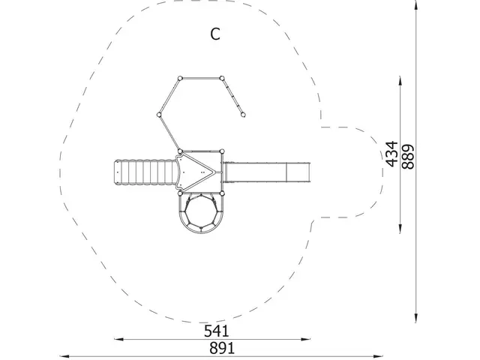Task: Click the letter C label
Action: click(x=215, y=34)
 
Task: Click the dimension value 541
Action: click(x=217, y=331)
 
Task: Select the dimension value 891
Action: click(x=222, y=348)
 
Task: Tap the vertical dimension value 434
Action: click(x=391, y=154)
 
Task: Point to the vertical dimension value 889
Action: click(x=408, y=157)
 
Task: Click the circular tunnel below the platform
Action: click(x=201, y=211)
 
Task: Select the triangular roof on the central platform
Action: click(x=195, y=172)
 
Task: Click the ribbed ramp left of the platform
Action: click(x=146, y=172)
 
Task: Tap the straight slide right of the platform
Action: click(x=266, y=172)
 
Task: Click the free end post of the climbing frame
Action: click(x=243, y=115)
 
